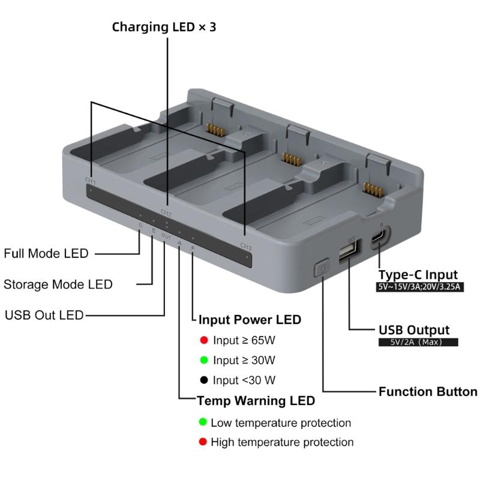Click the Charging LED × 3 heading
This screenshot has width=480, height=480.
pos(164,28)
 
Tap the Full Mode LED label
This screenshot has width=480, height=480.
pos(46,253)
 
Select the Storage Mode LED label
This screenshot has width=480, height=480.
pos(58,284)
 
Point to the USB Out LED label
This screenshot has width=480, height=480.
pos(44,315)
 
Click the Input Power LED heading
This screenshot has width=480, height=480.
pos(250,319)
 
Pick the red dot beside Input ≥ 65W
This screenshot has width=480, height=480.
pos(204,341)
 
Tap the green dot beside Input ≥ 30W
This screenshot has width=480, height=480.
pos(204,361)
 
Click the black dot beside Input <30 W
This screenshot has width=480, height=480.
pos(204,380)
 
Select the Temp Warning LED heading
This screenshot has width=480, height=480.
pos(256,400)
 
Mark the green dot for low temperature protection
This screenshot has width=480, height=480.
pos(203,422)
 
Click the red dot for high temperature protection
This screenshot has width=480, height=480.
pos(203,442)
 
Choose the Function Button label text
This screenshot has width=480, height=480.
pos(428,392)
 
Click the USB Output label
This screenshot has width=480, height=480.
pos(414,330)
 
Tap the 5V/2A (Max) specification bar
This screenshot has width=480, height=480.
pos(418,342)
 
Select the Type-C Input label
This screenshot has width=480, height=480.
pos(418,275)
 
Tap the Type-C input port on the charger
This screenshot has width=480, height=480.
pos(379,238)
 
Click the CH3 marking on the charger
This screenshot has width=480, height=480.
pos(246,245)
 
